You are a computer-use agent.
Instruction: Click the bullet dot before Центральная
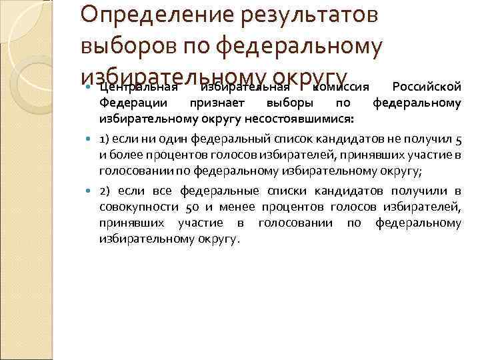click(x=91, y=87)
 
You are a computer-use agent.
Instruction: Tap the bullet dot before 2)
click(x=91, y=193)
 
